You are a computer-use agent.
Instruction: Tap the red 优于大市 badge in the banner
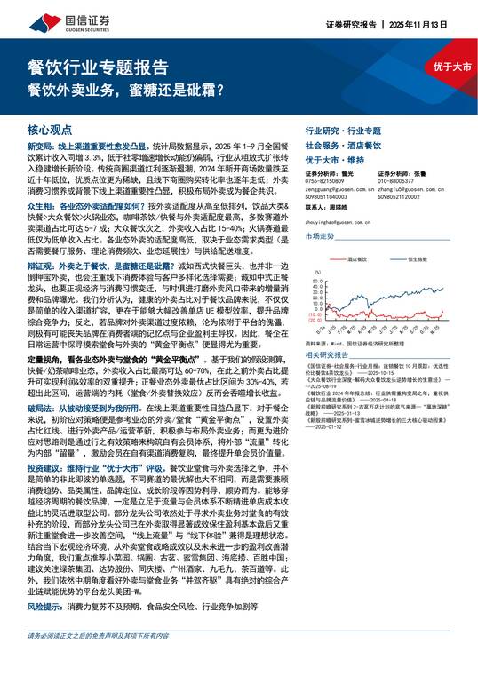(452, 67)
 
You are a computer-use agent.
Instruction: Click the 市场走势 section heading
(320, 236)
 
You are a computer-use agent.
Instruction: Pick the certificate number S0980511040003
(329, 195)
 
